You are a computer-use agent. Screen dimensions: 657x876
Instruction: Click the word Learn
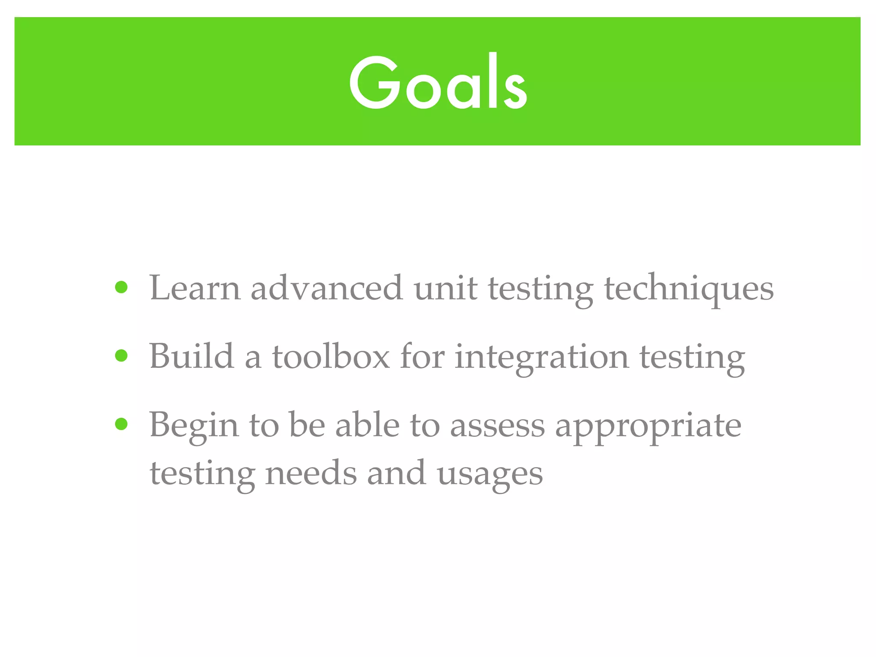[195, 288]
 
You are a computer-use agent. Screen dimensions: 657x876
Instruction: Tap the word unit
[445, 288]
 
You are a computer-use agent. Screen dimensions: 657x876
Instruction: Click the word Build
[192, 356]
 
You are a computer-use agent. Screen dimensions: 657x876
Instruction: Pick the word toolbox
[331, 356]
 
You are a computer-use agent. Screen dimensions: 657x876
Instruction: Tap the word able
[367, 425]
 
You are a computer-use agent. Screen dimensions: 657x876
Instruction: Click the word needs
[311, 473]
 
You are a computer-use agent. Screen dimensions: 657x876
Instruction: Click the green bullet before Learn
[121, 287]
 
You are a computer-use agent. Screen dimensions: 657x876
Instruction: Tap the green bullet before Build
[121, 355]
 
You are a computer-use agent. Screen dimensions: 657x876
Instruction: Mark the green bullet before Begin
[121, 424]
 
